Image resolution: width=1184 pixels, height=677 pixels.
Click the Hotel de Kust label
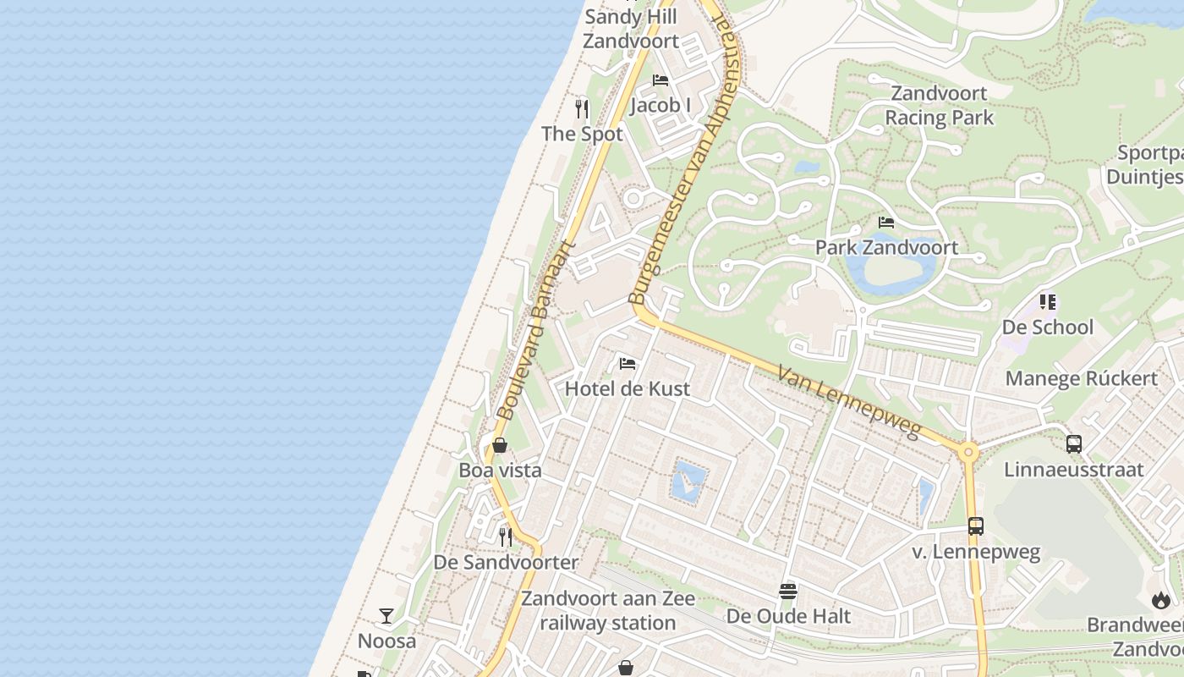point(627,388)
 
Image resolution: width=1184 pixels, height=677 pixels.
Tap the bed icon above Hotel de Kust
point(628,364)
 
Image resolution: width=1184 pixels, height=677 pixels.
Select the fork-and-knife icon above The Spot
point(582,108)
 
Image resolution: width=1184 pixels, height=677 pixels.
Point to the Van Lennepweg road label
point(848,402)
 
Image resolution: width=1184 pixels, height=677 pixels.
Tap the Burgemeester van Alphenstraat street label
point(684,155)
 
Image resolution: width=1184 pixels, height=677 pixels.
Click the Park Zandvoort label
point(886,247)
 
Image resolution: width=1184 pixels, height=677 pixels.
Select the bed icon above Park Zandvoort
point(886,223)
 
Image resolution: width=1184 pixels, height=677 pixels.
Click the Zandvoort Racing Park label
point(939,105)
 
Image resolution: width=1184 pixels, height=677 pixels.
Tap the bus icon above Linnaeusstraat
point(1074,443)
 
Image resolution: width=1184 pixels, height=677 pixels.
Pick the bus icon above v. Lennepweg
point(976,526)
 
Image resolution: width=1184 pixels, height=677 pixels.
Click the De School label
point(1047,327)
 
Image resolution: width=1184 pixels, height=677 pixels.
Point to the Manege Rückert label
point(1081,378)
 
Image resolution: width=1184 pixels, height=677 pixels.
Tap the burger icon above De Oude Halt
point(788,591)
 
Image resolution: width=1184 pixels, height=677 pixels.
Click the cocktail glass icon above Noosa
point(386,615)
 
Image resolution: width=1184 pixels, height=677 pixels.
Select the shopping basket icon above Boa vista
point(500,445)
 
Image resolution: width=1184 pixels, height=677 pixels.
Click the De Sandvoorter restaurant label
point(506,562)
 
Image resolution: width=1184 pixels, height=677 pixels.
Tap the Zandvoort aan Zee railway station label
point(607,610)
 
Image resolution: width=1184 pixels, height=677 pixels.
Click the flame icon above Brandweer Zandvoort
point(1160,600)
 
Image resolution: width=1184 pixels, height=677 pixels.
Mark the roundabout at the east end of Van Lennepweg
point(968,453)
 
